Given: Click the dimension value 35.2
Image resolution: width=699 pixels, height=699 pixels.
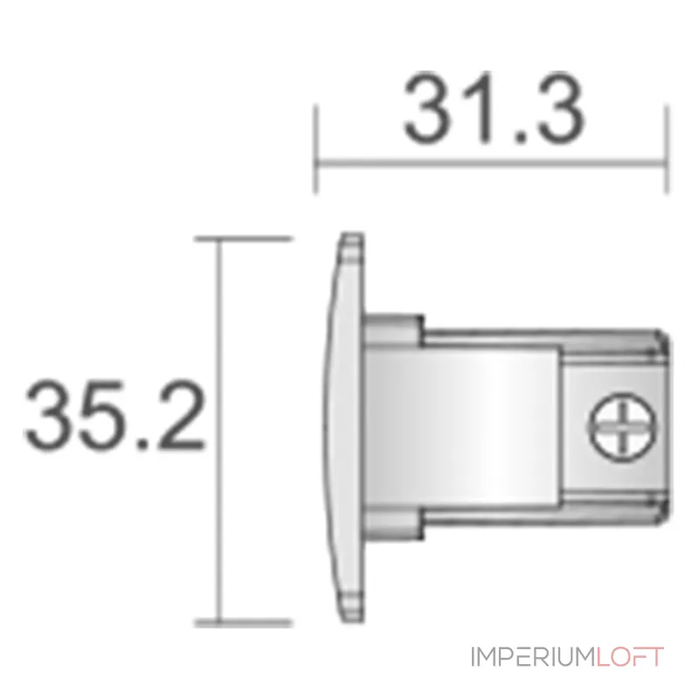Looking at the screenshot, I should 114,416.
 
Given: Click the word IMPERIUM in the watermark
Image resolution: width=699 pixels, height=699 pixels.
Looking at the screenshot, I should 532,656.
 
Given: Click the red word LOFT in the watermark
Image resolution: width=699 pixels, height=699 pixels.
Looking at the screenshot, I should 630,656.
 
